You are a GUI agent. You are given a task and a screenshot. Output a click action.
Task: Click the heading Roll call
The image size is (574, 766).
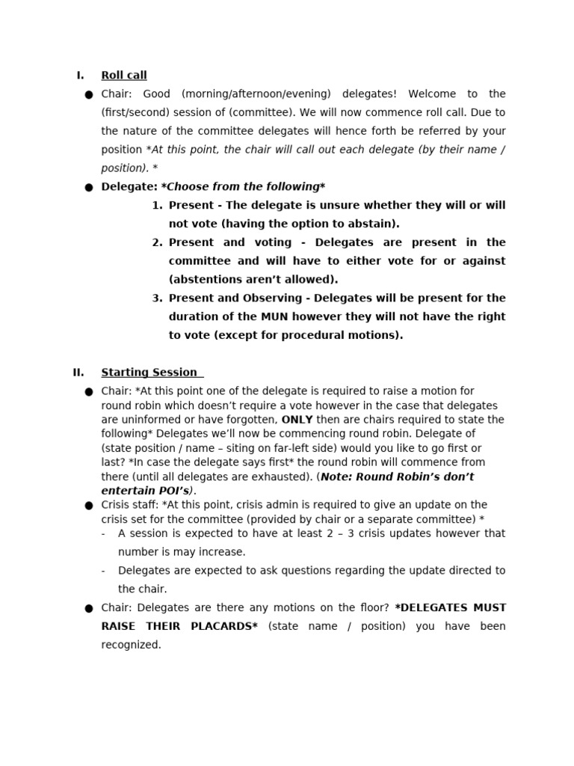pyautogui.click(x=124, y=76)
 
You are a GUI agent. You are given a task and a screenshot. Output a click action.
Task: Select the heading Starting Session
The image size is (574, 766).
pyautogui.click(x=149, y=373)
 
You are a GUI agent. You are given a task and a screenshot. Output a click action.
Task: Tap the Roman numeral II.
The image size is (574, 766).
pyautogui.click(x=78, y=373)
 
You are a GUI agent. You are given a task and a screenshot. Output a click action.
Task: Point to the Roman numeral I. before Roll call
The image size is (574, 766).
pyautogui.click(x=80, y=76)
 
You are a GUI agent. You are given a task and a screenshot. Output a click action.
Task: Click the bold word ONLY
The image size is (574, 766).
pyautogui.click(x=297, y=420)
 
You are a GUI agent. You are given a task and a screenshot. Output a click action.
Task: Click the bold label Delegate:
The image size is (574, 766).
pyautogui.click(x=129, y=187)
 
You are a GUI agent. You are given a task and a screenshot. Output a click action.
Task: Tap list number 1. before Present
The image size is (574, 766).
pyautogui.click(x=157, y=206)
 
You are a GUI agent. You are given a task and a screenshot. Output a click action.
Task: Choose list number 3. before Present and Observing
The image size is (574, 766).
pyautogui.click(x=157, y=298)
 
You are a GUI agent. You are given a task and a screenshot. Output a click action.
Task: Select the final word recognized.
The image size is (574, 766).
pyautogui.click(x=131, y=645)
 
